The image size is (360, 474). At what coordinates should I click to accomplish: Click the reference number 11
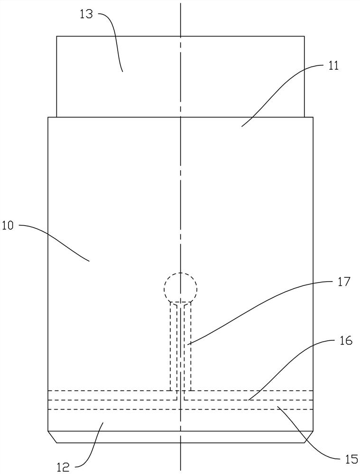pos(333,65)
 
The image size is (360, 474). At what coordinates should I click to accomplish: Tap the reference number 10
pos(8,226)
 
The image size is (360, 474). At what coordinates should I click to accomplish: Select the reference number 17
pos(344,282)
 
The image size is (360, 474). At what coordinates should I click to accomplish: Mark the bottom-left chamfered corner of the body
pos(52,437)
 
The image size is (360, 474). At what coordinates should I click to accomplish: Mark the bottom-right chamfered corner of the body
pos(309,437)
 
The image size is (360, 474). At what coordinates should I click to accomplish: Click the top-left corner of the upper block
pos(57,36)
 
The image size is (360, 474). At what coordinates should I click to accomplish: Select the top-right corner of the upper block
pos(304,36)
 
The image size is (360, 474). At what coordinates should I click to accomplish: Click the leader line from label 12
pos(92,446)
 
